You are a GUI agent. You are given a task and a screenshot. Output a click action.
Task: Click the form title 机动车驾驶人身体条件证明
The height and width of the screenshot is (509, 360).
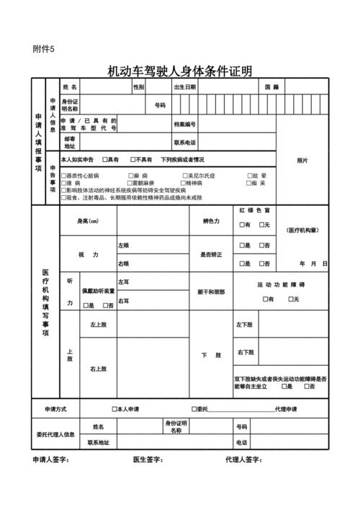coord(179,71)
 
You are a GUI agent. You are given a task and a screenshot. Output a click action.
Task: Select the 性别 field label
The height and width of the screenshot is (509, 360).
coord(138,87)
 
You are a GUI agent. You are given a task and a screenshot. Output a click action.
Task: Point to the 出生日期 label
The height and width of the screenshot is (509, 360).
coord(184,87)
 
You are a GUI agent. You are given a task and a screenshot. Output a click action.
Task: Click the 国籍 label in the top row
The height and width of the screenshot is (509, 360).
coord(271,87)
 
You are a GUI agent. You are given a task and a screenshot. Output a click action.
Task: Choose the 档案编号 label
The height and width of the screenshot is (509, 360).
coord(185,124)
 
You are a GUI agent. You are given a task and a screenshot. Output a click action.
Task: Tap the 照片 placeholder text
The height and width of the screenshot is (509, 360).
coord(302,161)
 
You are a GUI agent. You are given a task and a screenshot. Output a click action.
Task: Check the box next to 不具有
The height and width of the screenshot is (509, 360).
coord(132,159)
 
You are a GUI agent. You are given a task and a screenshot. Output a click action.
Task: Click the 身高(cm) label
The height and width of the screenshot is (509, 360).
coord(88,221)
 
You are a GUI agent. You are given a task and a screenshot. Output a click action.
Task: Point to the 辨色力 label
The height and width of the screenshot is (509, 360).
coord(211,221)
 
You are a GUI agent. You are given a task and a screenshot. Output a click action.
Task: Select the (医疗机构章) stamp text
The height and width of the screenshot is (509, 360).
coord(302,230)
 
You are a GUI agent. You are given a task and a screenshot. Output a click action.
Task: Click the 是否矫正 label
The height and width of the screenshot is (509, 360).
coord(211,255)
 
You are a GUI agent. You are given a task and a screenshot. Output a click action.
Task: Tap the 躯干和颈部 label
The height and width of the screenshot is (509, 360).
coord(211,292)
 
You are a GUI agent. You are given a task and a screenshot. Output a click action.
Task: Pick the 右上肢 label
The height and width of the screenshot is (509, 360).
coord(98,369)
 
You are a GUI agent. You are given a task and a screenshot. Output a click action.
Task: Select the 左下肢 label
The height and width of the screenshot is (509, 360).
coord(245,325)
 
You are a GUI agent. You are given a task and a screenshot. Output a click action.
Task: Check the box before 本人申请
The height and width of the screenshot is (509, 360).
coord(114,410)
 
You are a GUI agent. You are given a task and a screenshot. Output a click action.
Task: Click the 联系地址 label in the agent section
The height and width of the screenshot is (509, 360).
coord(98,442)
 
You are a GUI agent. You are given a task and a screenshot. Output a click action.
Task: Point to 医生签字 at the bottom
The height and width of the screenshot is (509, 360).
coord(148,459)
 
